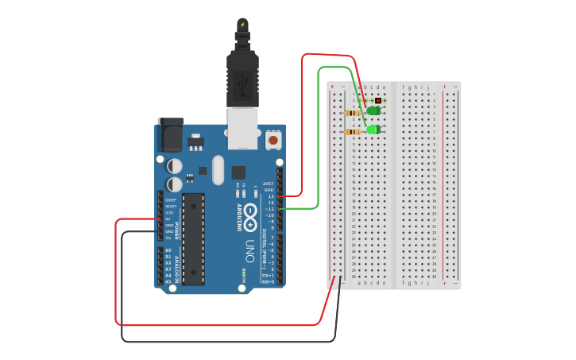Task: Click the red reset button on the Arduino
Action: (x=273, y=140)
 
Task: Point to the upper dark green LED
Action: (x=373, y=111)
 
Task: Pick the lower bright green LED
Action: (x=373, y=130)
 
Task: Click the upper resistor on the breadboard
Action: (x=354, y=113)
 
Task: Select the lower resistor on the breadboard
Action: (x=354, y=131)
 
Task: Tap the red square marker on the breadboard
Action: (x=377, y=100)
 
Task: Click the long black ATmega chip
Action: (x=193, y=238)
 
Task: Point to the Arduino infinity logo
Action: (x=250, y=217)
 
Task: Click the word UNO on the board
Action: (x=249, y=249)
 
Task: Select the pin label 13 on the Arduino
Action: (x=270, y=195)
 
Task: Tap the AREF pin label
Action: (x=269, y=184)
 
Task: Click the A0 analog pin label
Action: (x=168, y=250)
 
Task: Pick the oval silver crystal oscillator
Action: (x=218, y=170)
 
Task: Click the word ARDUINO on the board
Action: (x=238, y=217)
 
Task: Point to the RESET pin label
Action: (x=170, y=206)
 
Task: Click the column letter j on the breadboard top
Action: (x=427, y=87)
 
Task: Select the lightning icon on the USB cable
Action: (x=242, y=23)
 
